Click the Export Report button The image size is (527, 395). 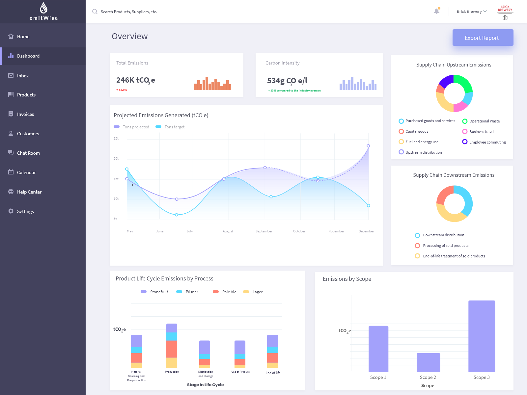(483, 38)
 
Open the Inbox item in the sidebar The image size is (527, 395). (23, 76)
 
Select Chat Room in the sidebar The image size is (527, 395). (28, 153)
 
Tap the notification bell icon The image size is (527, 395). (437, 11)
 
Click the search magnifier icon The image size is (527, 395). (95, 12)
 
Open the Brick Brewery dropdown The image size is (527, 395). (471, 12)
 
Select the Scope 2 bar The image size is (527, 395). (428, 362)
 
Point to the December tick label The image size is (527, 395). (366, 231)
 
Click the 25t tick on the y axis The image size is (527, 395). (116, 139)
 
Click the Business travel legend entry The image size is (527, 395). (482, 132)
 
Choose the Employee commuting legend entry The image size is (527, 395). (487, 142)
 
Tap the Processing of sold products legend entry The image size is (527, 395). (445, 246)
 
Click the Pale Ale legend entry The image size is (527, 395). (229, 292)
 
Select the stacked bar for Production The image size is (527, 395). (172, 346)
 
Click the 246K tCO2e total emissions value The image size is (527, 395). (135, 80)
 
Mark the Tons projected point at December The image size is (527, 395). (368, 146)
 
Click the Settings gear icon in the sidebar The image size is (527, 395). (11, 211)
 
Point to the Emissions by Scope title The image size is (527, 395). (347, 279)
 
